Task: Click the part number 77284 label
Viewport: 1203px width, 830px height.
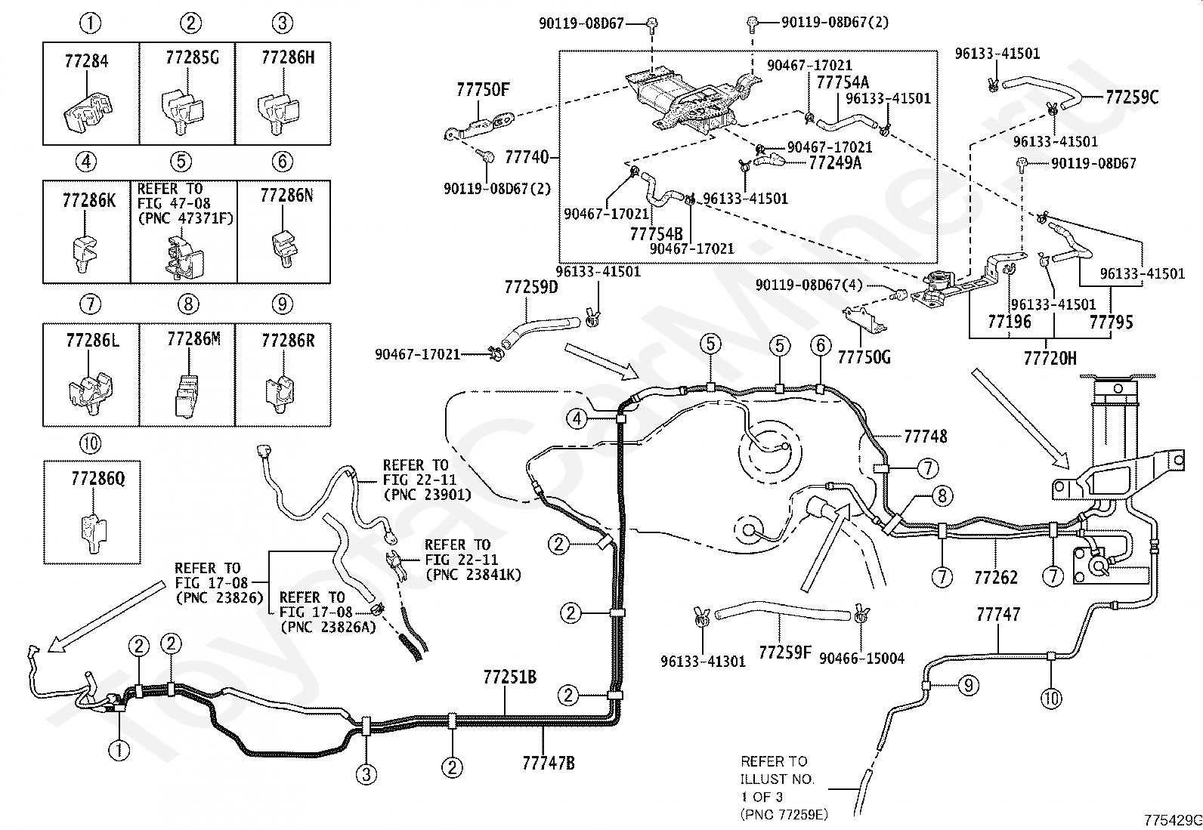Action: (x=86, y=61)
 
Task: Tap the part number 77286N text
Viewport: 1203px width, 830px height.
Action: (x=286, y=196)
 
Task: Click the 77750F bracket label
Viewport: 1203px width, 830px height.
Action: (x=483, y=90)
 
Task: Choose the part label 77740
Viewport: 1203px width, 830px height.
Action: (x=527, y=157)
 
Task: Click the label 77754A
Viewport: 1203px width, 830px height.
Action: (x=843, y=82)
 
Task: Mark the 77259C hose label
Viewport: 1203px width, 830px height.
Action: (x=1132, y=97)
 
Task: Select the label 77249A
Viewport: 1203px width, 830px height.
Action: (x=835, y=162)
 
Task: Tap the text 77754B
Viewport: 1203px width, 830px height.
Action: (x=656, y=234)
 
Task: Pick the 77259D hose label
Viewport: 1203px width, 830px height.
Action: (x=531, y=287)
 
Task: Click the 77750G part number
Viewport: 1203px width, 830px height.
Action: (x=864, y=357)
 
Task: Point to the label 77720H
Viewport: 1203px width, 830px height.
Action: (x=1050, y=358)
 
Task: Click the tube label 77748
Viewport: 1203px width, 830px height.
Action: (x=926, y=437)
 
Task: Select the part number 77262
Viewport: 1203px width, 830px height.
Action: (x=996, y=578)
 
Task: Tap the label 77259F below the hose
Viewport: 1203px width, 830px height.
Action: (x=784, y=653)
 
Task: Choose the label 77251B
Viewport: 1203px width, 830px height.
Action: (x=509, y=677)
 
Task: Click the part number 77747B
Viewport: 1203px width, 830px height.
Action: (x=549, y=763)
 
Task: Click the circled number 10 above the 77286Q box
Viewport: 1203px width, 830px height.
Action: (x=90, y=443)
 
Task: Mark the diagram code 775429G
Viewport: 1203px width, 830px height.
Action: (x=1173, y=820)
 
